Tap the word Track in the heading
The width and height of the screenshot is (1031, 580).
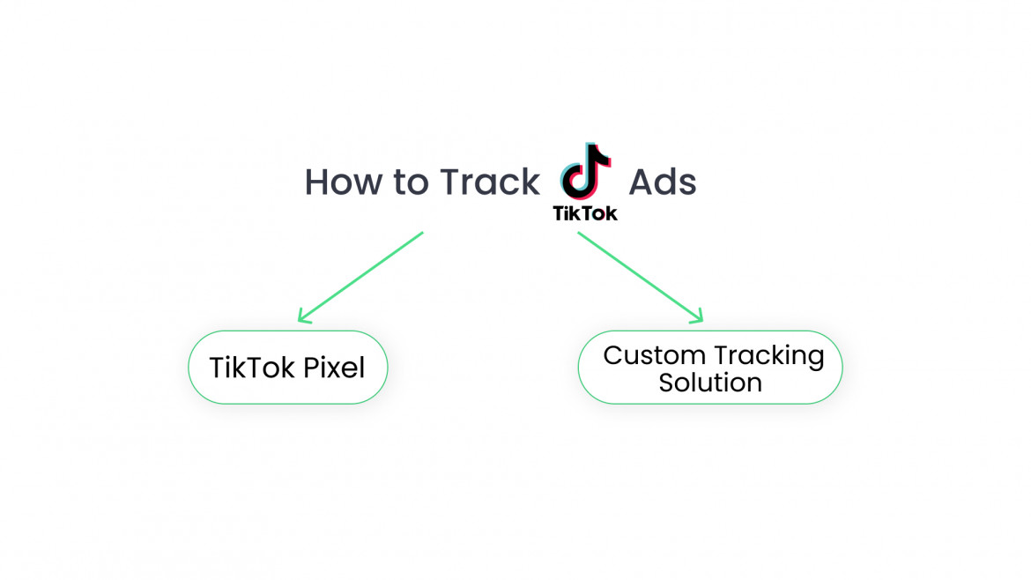coord(490,182)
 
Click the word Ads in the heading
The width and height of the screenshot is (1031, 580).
coord(662,182)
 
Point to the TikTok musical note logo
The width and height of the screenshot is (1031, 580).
coord(584,171)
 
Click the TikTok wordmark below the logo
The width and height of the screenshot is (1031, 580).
coord(584,213)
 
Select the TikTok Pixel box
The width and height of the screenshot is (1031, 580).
coord(287,368)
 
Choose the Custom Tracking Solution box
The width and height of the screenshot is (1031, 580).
coord(709,368)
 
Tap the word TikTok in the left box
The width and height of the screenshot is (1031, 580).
coord(252,368)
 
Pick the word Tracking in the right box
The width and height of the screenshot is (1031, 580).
coord(769,356)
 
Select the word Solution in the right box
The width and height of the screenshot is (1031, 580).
coord(710,383)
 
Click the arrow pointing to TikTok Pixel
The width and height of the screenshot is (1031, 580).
coord(361,276)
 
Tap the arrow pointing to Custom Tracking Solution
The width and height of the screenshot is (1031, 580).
coord(640,276)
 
